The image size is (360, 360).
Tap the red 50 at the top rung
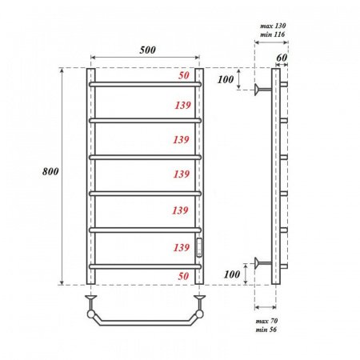185,75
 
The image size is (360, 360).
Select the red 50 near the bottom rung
185,276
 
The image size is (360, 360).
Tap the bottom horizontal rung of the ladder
145,266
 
